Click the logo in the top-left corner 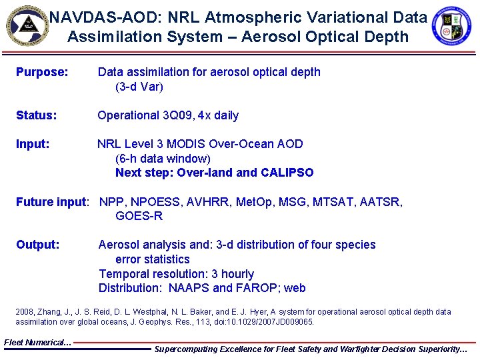click(x=27, y=25)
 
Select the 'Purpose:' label click(x=42, y=72)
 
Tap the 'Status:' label click(x=37, y=115)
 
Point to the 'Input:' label click(x=33, y=144)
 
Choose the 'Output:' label click(x=37, y=245)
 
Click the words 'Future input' click(x=51, y=202)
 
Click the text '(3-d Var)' click(x=139, y=87)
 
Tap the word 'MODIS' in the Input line click(x=187, y=144)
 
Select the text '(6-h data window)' click(x=163, y=159)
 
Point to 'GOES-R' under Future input click(x=139, y=216)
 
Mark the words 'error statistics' click(x=152, y=259)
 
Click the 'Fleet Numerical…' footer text click(x=37, y=342)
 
